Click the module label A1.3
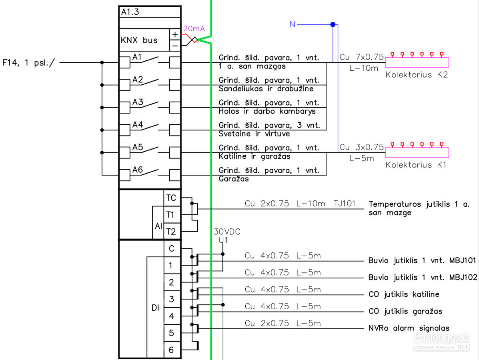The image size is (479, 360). coord(130,12)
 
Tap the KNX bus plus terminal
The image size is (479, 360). coord(175,34)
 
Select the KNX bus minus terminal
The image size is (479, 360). coord(175,46)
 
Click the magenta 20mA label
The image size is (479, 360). coord(194,29)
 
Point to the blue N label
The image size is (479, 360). coord(293,24)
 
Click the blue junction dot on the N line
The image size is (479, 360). coord(333,24)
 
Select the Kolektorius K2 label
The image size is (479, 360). coord(417,75)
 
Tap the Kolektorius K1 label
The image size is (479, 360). coord(416,165)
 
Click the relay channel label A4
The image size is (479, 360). coord(138,124)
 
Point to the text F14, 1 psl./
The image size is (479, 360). coord(29,63)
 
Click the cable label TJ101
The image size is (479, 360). coord(345,204)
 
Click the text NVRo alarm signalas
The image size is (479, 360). coord(409,328)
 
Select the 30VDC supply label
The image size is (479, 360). coord(226,232)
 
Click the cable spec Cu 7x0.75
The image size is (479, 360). coord(362,57)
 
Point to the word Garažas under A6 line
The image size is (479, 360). coord(234,179)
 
